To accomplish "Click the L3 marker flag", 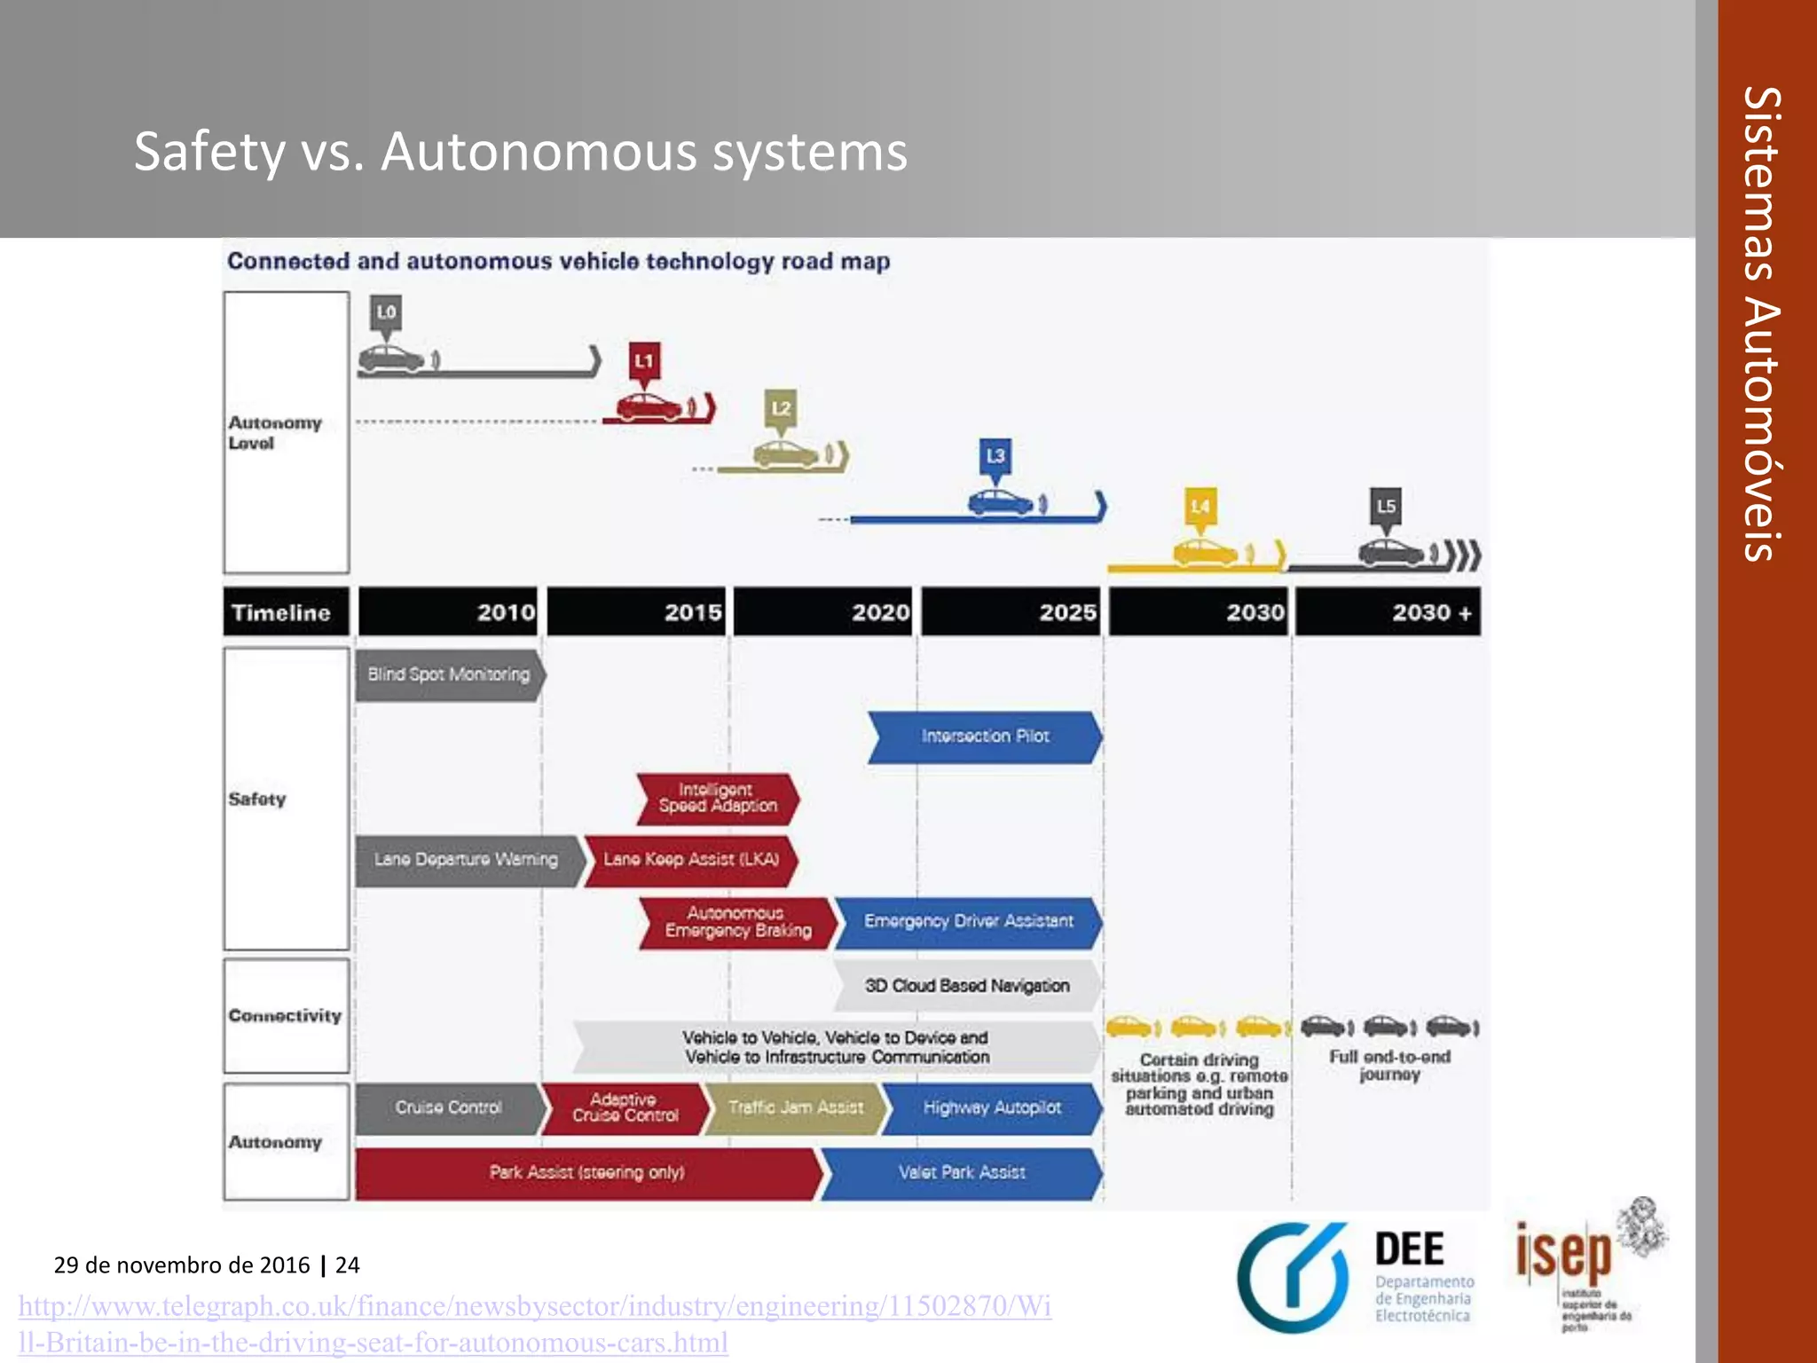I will coord(995,456).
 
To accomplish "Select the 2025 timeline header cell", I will coord(1010,612).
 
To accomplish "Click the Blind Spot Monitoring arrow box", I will coord(449,674).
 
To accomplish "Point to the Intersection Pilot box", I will coord(985,737).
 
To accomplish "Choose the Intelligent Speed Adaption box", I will coord(717,798).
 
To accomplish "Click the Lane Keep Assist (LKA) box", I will coord(691,859).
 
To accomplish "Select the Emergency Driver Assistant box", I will coord(968,921).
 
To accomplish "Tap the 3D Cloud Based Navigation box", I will coord(967,986).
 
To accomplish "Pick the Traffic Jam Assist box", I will coord(795,1107).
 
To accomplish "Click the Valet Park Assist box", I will coord(962,1172).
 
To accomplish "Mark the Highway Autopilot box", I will coord(992,1107).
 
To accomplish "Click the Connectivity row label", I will coord(285,1015).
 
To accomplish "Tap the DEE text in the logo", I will coord(1409,1249).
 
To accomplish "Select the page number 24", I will coord(347,1265).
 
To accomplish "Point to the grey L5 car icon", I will coord(1390,553).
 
